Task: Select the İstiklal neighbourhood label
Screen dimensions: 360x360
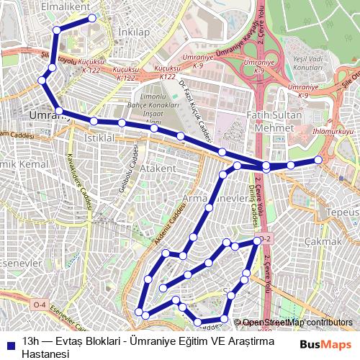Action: pyautogui.click(x=100, y=137)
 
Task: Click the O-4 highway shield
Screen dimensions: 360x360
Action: pyautogui.click(x=40, y=305)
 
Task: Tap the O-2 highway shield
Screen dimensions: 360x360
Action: pyautogui.click(x=266, y=238)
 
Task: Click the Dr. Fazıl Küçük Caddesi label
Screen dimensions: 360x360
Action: pyautogui.click(x=192, y=109)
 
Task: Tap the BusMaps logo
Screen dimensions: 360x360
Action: pyautogui.click(x=325, y=344)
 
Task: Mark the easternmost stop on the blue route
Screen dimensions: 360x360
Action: pyautogui.click(x=318, y=160)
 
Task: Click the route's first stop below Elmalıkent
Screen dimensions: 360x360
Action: pyautogui.click(x=92, y=18)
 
